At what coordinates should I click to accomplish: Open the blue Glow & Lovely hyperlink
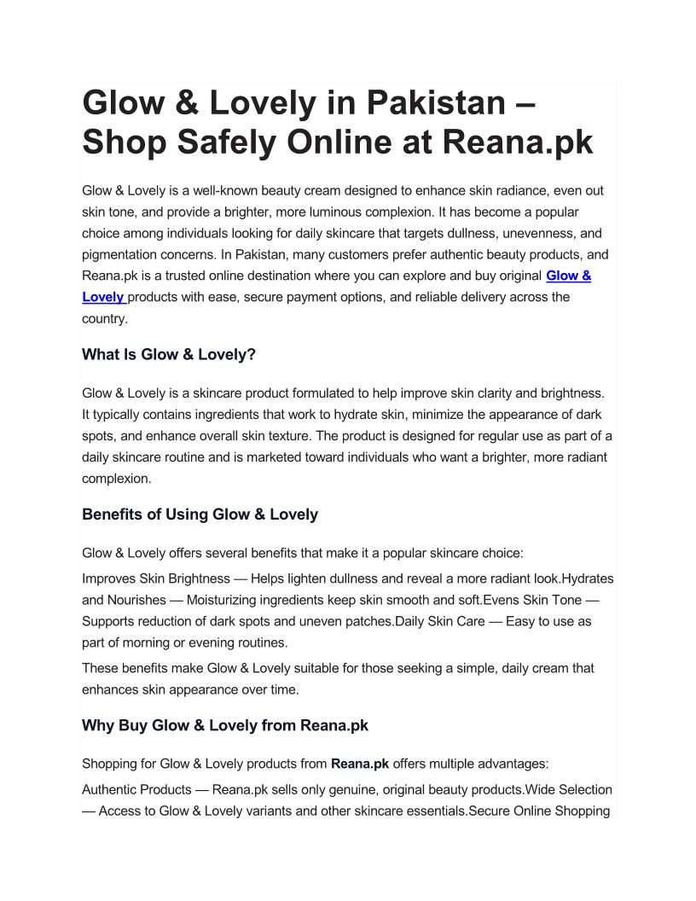pyautogui.click(x=568, y=276)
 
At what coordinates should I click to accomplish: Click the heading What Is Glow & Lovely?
pyautogui.click(x=169, y=354)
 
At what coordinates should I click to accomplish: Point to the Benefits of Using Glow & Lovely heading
pyautogui.click(x=200, y=514)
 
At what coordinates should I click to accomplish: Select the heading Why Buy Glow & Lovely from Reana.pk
pyautogui.click(x=225, y=726)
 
